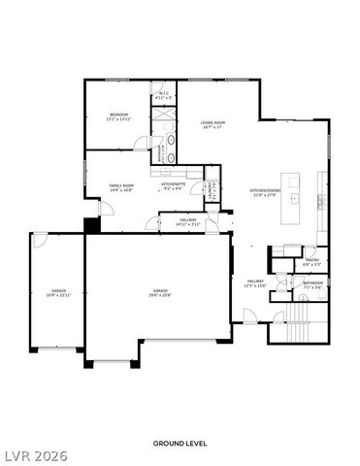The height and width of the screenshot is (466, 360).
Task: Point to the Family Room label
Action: (x=121, y=186)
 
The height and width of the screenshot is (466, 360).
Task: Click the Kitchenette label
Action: (x=174, y=185)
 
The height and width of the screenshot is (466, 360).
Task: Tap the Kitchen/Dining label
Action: (x=264, y=191)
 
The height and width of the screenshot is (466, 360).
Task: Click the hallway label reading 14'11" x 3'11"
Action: (x=187, y=222)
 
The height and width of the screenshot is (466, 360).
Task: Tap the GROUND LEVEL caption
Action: (x=180, y=443)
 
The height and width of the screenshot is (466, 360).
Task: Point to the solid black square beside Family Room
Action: (x=92, y=225)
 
